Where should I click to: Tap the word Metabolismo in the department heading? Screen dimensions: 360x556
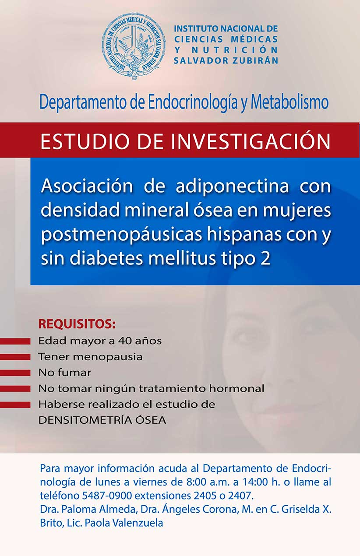click(290, 102)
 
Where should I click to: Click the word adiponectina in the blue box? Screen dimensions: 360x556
click(232, 186)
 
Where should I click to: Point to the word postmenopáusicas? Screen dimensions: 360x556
click(121, 235)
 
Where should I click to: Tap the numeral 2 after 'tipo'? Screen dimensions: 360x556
click(265, 258)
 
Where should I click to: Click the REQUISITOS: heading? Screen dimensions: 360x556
click(77, 324)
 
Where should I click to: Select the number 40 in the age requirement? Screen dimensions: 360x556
click(125, 341)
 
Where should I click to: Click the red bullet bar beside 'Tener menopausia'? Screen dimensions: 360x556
click(15, 357)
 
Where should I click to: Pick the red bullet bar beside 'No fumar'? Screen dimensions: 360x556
click(15, 373)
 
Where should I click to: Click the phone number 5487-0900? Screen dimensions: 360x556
click(107, 496)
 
